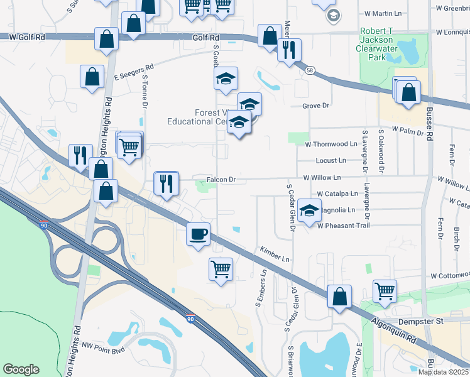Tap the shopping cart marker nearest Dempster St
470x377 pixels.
click(x=385, y=290)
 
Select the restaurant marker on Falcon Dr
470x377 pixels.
click(x=166, y=183)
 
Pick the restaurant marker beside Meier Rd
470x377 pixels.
click(x=289, y=50)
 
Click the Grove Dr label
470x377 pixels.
click(x=315, y=106)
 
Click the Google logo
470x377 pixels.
click(x=21, y=369)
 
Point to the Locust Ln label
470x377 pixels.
click(x=331, y=160)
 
